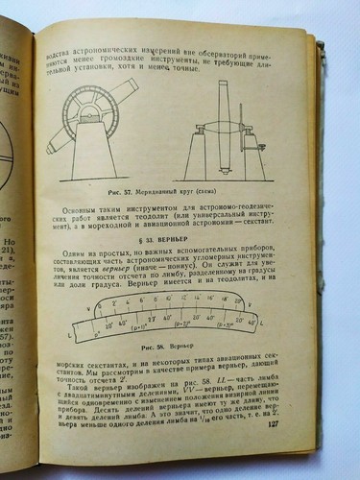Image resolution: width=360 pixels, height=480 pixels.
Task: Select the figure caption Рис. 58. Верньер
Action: tap(160, 344)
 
